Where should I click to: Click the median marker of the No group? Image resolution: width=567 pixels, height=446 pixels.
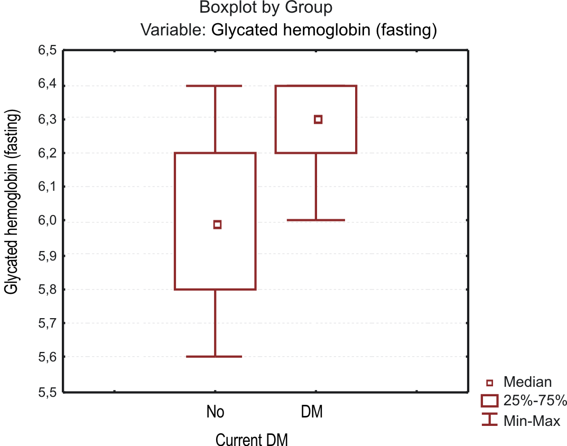point(217,225)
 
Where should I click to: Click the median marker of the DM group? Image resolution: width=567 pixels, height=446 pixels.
point(318,119)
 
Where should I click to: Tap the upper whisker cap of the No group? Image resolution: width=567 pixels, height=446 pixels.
point(215,86)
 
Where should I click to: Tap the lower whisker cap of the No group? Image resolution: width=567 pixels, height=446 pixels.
point(215,357)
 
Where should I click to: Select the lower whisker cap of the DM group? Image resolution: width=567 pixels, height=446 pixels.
point(316,220)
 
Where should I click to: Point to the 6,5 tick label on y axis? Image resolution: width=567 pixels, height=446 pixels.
point(47,51)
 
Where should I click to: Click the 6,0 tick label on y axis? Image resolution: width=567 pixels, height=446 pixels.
point(47,220)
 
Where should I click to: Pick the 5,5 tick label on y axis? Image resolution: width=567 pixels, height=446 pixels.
point(47,392)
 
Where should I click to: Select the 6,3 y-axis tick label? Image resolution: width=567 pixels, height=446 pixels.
point(47,119)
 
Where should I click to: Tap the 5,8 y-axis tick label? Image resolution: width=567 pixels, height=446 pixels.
point(47,290)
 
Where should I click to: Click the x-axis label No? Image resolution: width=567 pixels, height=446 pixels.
point(216,412)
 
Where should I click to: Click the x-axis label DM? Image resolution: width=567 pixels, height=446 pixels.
point(312,412)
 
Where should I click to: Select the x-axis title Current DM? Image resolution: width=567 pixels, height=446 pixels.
point(252,439)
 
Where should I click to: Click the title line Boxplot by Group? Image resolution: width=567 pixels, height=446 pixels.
point(266,8)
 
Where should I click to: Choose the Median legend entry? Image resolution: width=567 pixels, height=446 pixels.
point(527,382)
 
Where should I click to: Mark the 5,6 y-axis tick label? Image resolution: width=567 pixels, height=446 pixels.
point(47,357)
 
